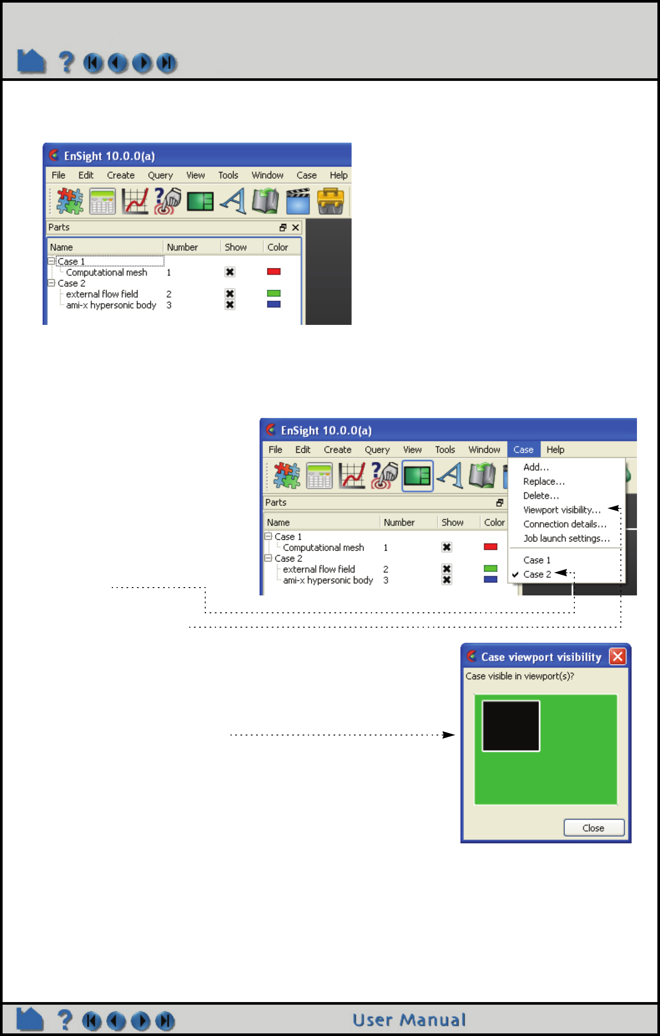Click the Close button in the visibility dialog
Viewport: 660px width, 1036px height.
click(593, 828)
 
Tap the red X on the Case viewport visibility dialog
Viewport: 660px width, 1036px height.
click(617, 656)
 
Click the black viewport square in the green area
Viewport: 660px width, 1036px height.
click(511, 725)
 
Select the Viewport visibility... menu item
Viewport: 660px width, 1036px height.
click(562, 510)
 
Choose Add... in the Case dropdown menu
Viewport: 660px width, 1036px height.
click(536, 467)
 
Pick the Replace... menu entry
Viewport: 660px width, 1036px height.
click(543, 481)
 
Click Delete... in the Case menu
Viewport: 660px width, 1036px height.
click(541, 496)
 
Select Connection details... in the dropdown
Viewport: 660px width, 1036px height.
click(564, 524)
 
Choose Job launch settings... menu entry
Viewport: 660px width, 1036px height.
click(566, 538)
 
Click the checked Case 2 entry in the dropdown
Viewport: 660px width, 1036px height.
click(537, 574)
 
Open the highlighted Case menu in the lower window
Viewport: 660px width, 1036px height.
click(523, 450)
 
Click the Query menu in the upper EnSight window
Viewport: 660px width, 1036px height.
click(160, 175)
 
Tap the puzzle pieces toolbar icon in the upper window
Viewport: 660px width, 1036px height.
click(70, 201)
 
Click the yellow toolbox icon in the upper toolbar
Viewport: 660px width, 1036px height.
click(330, 201)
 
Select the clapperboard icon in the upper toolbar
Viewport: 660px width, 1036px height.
click(298, 201)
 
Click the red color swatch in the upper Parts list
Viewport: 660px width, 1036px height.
click(273, 272)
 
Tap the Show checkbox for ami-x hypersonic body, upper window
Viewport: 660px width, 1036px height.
click(230, 305)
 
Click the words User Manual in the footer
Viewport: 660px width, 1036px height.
click(409, 1020)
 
